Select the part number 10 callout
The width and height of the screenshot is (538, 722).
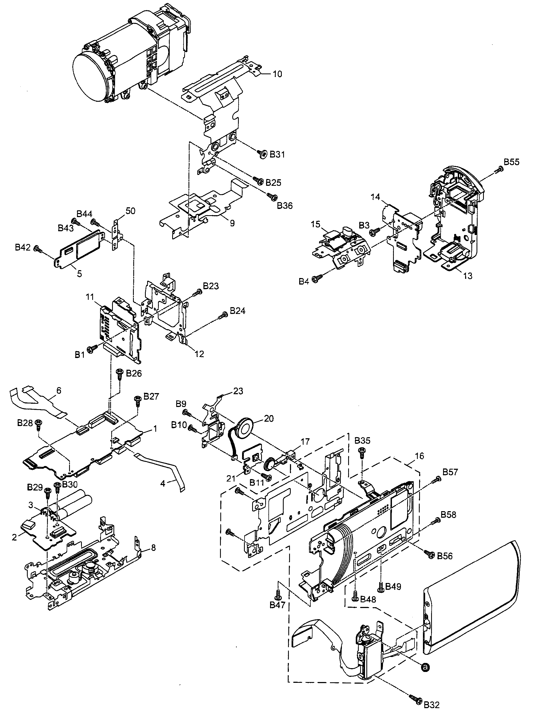point(277,74)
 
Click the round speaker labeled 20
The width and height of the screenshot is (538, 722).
point(246,426)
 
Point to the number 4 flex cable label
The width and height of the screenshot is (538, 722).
point(163,483)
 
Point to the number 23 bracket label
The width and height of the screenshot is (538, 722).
point(238,391)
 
